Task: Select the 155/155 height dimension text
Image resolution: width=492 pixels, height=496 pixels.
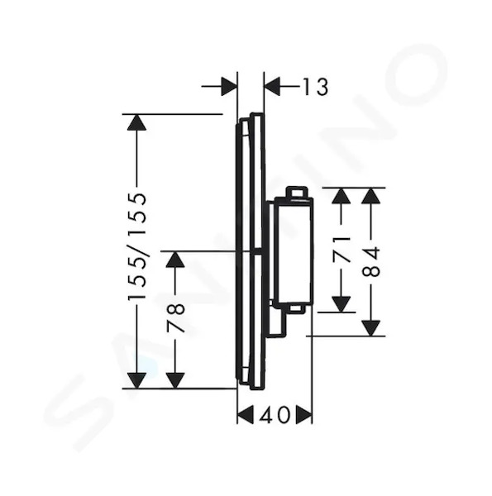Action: click(137, 246)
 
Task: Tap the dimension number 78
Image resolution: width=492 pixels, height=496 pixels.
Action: click(175, 317)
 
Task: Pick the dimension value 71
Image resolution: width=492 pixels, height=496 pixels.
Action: click(342, 249)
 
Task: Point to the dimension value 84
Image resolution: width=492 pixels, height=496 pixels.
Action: click(370, 262)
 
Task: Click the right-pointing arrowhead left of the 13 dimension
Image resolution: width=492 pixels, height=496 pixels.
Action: click(229, 86)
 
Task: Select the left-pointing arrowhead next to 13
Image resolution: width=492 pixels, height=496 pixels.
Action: click(272, 86)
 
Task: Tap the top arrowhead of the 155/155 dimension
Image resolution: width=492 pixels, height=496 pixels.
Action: click(136, 122)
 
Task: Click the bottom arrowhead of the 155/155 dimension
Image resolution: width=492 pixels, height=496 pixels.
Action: click(136, 380)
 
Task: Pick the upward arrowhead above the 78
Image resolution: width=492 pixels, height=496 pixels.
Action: click(175, 260)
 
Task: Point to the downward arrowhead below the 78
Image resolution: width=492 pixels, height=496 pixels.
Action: click(175, 380)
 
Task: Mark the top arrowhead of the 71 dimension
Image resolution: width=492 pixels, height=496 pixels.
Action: click(342, 196)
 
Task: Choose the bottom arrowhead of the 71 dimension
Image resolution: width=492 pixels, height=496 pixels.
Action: click(342, 304)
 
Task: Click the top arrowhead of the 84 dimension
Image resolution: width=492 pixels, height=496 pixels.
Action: click(370, 196)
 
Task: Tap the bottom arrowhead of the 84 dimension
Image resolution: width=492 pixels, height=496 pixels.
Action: click(370, 328)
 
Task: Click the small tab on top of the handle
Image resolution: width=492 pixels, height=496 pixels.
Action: click(296, 193)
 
